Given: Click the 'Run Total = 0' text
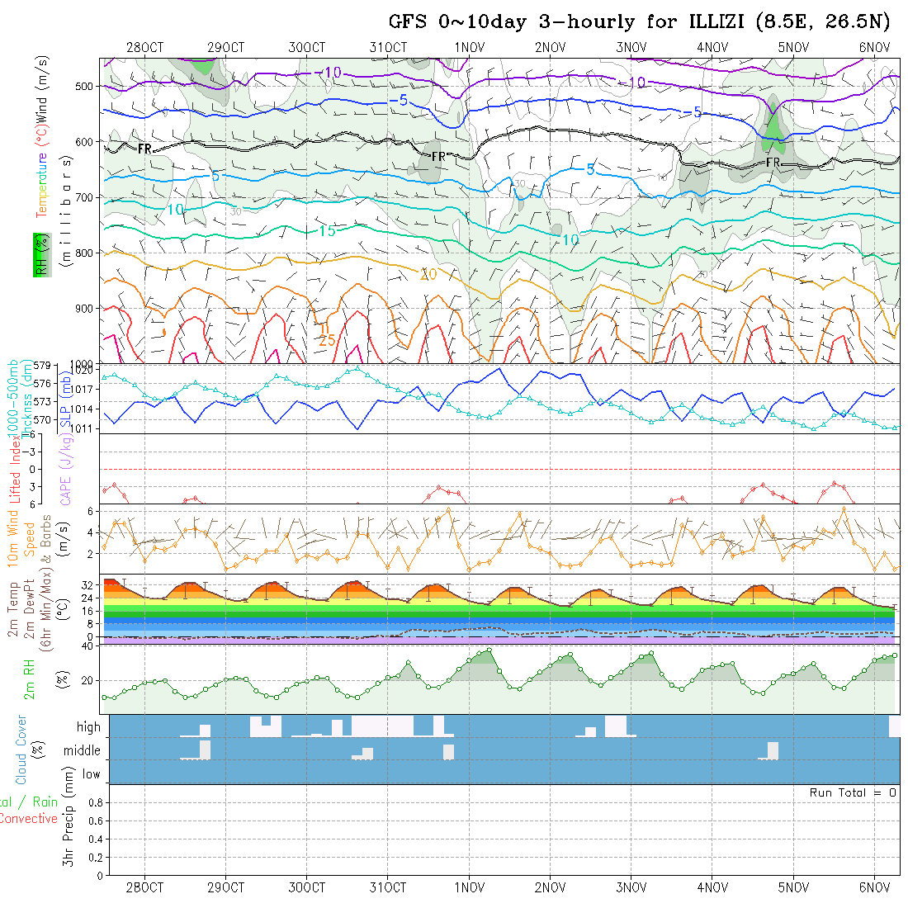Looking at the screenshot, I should click(853, 792).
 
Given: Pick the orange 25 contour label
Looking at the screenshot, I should click(327, 339).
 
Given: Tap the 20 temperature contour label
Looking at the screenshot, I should click(428, 274).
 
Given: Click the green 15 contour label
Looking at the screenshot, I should click(327, 231).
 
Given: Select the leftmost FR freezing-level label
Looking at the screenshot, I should click(144, 149).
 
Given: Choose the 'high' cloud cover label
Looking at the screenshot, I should click(88, 727).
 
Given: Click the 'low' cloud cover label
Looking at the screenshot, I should click(91, 774).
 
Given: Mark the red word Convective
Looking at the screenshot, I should click(29, 819).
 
